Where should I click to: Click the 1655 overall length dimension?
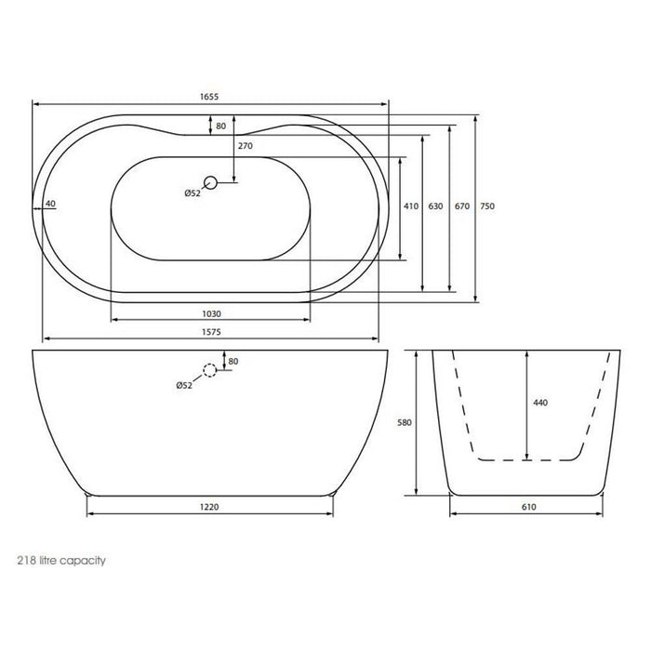click(209, 97)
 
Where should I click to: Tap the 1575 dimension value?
click(211, 332)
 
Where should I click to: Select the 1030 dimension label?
click(211, 314)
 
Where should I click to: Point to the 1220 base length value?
click(209, 507)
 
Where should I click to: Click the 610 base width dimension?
click(529, 507)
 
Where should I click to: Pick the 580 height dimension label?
click(405, 422)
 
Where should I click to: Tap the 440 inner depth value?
click(540, 403)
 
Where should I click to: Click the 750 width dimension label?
click(487, 206)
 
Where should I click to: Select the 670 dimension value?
click(462, 206)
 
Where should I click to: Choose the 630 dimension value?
click(435, 206)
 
